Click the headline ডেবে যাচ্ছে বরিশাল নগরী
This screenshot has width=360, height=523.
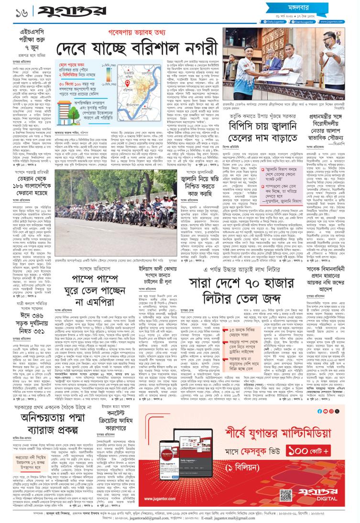(x=124, y=50)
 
